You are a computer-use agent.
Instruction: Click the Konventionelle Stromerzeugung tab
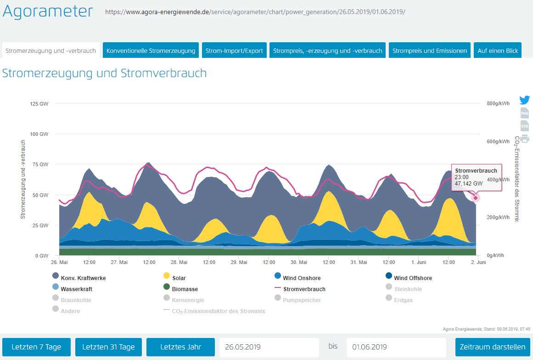coord(151,51)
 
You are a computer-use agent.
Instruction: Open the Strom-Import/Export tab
coord(234,51)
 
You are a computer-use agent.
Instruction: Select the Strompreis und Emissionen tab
coord(429,51)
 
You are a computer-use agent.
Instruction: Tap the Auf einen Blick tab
coord(498,51)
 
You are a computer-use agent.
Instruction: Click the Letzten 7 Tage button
coord(36,347)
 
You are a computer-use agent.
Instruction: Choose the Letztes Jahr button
coord(180,347)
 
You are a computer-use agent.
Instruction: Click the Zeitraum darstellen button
coord(493,347)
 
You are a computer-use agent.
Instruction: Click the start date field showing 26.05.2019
coord(269,347)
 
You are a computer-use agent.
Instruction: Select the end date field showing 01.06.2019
coord(396,347)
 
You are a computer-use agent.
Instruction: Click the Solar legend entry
coord(179,278)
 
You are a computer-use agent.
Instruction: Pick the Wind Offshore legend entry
coord(413,278)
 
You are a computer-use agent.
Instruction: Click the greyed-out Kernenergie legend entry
coord(187,300)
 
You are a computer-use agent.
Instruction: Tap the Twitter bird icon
coord(524,100)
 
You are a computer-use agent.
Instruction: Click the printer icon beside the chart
coord(524,139)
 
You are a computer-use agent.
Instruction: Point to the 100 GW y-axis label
coord(39,134)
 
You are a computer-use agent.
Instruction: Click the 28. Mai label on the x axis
coord(179,262)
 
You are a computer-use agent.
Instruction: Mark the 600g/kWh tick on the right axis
coord(498,141)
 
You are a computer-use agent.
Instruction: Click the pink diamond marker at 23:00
coord(476,198)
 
